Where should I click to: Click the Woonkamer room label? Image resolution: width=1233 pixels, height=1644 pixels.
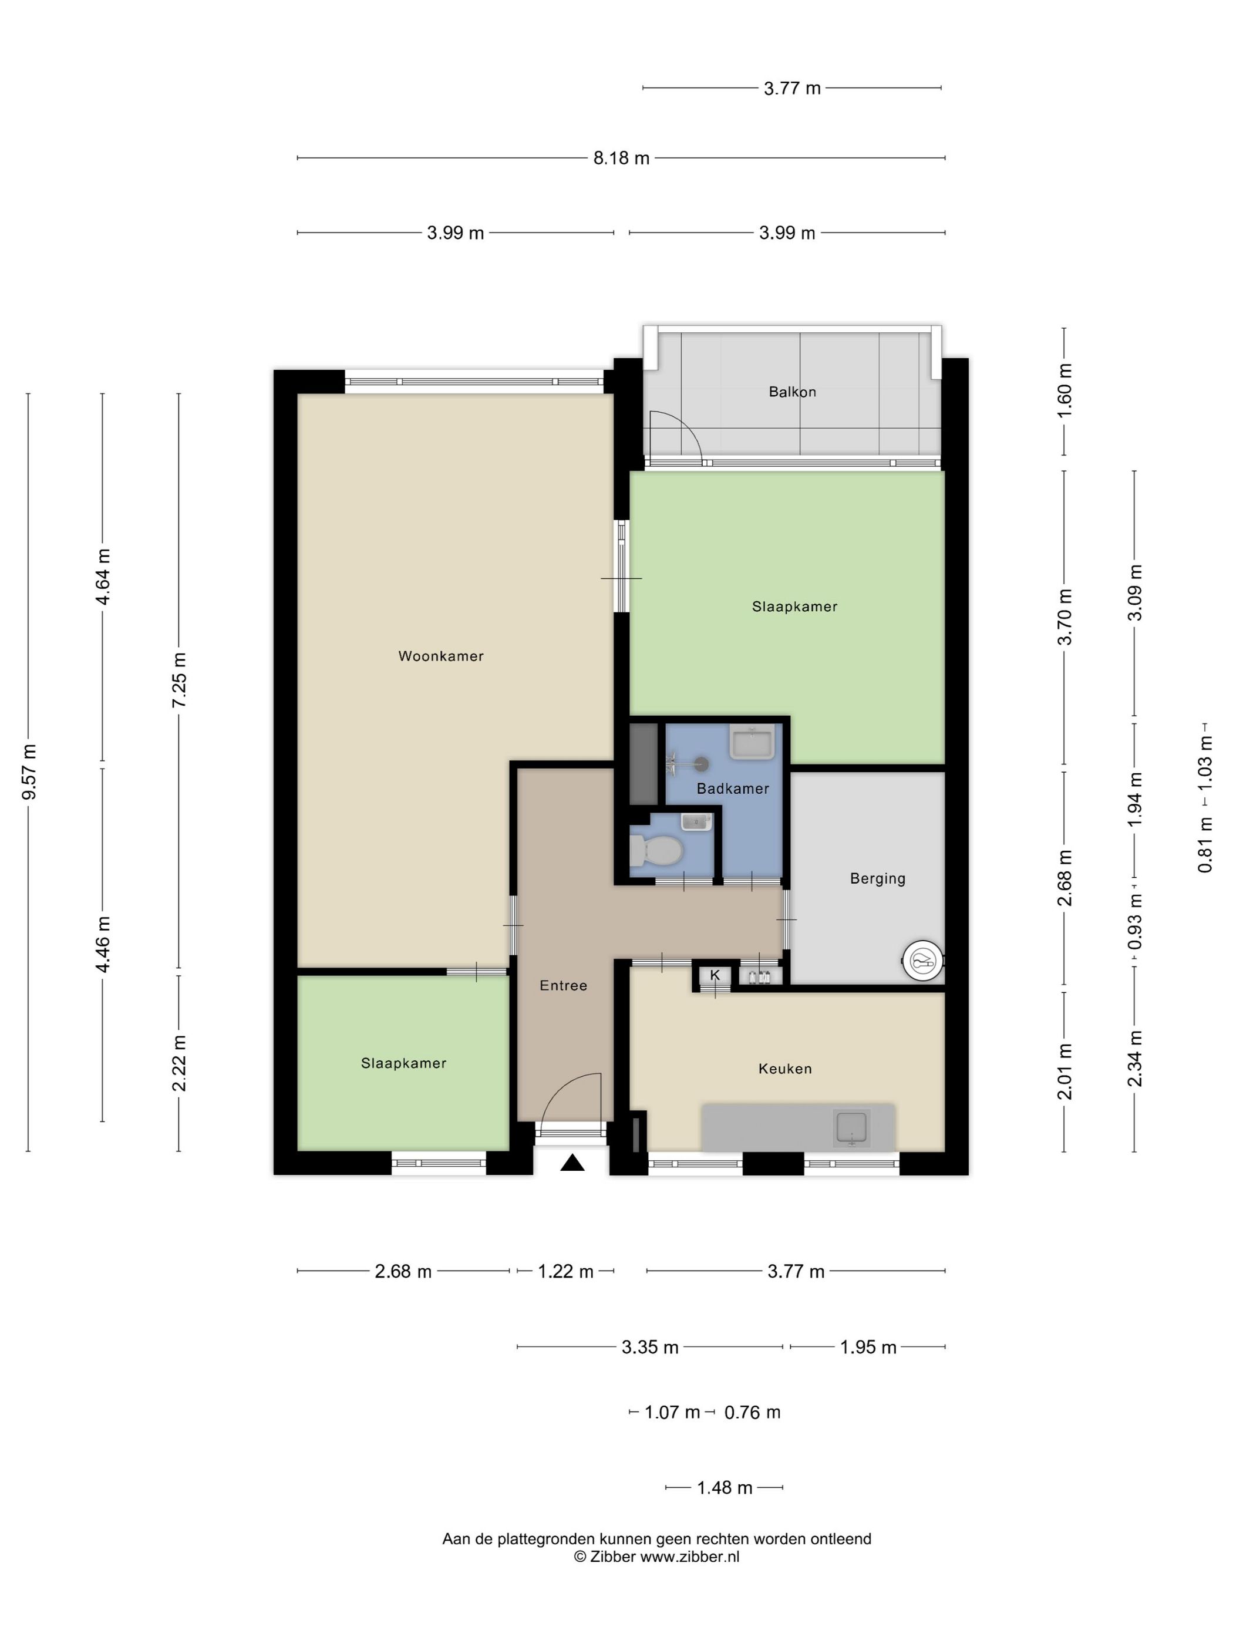[x=441, y=655]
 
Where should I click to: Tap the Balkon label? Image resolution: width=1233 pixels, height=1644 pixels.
[x=792, y=392]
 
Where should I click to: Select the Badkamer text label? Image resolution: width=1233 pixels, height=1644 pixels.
[x=733, y=789]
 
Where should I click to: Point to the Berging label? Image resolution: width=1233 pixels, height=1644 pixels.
[x=878, y=878]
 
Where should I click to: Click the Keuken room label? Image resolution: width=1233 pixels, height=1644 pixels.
[x=785, y=1069]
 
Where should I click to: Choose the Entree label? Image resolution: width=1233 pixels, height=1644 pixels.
[x=563, y=985]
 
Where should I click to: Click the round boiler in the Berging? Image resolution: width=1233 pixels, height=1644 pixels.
[x=922, y=962]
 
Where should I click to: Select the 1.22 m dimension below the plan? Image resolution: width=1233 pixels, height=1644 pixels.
[x=565, y=1272]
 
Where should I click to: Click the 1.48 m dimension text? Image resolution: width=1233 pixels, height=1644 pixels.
[x=725, y=1488]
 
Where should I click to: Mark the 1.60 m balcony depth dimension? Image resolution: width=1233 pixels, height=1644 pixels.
[x=1064, y=391]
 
